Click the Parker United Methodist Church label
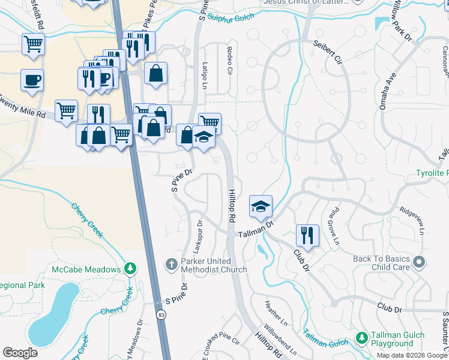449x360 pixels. coord(214,266)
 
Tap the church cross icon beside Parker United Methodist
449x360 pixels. coord(171,263)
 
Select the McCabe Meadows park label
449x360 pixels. coord(86,269)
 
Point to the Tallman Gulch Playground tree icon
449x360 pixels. coord(361,339)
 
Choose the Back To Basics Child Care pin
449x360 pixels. coord(419,262)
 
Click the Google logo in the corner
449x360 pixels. coord(20,352)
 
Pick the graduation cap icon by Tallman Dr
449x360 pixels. coord(261,206)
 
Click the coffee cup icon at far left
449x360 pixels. coord(31,79)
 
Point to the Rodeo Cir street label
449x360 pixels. coord(229,60)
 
